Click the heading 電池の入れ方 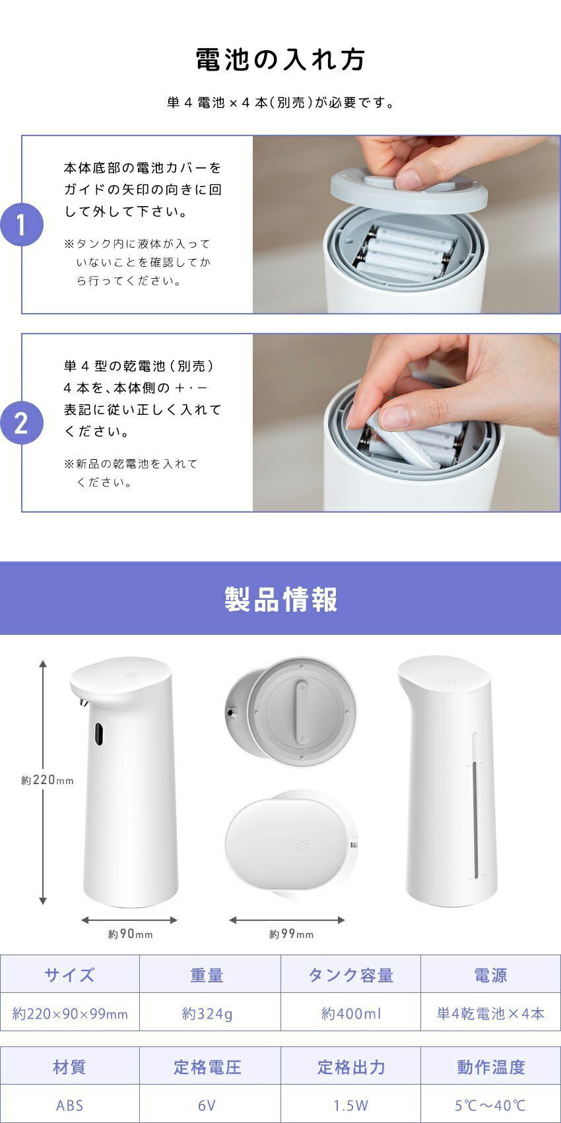(x=280, y=59)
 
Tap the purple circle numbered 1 (x=22, y=224)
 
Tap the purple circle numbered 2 (x=22, y=423)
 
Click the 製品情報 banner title (x=280, y=598)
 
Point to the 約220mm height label (x=48, y=780)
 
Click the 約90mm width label (x=130, y=934)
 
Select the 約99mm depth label (x=291, y=934)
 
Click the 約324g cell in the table (x=207, y=1014)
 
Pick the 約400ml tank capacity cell (x=351, y=1014)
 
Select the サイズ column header (x=69, y=975)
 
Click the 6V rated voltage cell (x=207, y=1105)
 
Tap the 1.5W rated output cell (x=350, y=1105)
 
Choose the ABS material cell (x=69, y=1105)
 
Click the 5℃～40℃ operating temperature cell (x=490, y=1105)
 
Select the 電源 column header (x=490, y=975)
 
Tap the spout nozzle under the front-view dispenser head (x=82, y=702)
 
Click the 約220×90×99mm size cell (x=69, y=1014)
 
